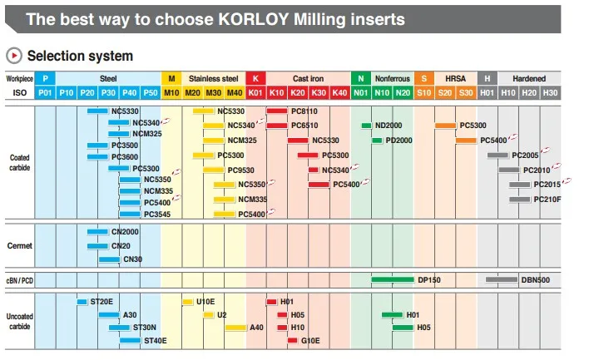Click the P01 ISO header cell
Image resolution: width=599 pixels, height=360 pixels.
(46, 93)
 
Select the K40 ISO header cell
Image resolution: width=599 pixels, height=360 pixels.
(339, 93)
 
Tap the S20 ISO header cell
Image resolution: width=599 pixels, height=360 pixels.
(444, 93)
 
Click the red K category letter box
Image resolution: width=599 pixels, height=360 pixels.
(255, 79)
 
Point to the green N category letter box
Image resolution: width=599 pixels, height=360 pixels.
(360, 79)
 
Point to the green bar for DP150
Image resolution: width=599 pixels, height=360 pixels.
(393, 280)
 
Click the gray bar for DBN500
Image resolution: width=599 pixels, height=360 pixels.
(502, 280)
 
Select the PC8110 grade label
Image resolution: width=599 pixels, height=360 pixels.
(304, 111)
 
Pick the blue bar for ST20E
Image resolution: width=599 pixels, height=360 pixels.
(82, 302)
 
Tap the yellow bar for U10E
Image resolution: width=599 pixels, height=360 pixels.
(187, 302)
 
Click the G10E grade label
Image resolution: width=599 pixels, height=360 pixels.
(309, 341)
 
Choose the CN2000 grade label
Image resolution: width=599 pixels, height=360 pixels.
(125, 232)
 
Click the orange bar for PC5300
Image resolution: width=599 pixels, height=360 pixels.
(444, 126)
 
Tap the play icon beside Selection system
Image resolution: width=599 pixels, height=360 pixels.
(13, 57)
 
